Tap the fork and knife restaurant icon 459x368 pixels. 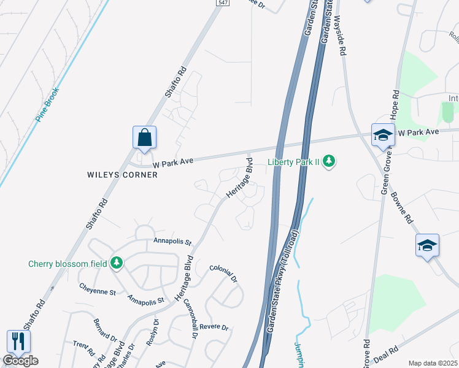tap(18, 342)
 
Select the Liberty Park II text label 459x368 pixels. tap(294, 162)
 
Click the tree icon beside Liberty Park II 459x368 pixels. tap(330, 161)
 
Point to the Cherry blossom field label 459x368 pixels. tap(68, 264)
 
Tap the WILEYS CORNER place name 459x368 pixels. tap(122, 175)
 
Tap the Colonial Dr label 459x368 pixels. tap(223, 273)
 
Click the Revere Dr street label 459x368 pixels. tap(214, 327)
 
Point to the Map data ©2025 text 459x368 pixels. tap(433, 363)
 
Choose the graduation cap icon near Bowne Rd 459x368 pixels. tap(427, 245)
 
